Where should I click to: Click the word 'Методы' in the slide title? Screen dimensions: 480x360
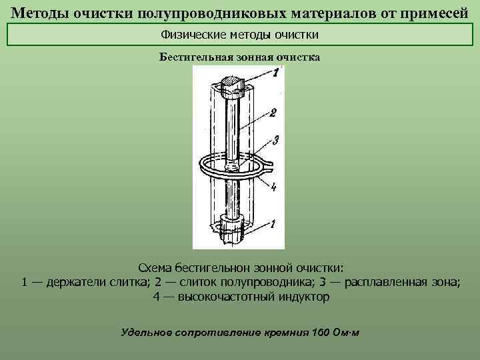point(39,13)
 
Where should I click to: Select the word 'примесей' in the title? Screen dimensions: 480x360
point(434,13)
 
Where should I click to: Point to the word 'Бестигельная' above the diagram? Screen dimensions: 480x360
point(195,57)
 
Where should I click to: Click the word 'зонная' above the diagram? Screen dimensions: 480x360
point(256,57)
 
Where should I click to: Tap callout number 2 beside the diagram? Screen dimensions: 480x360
point(273,113)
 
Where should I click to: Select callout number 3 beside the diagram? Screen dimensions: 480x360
point(275,140)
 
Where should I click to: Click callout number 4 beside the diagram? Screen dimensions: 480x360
point(274,187)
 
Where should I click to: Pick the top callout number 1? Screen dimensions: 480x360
point(276,73)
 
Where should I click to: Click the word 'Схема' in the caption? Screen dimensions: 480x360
point(155,268)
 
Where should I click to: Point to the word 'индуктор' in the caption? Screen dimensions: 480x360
point(303,296)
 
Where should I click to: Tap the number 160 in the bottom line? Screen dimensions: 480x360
point(322,331)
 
